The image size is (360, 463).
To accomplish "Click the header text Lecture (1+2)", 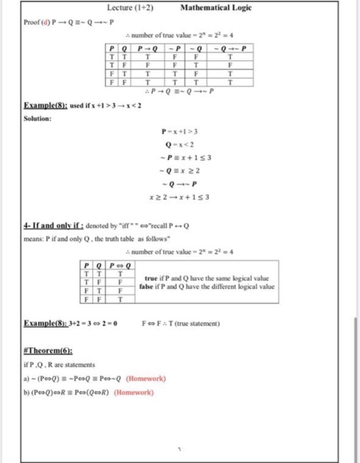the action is pos(130,8).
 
